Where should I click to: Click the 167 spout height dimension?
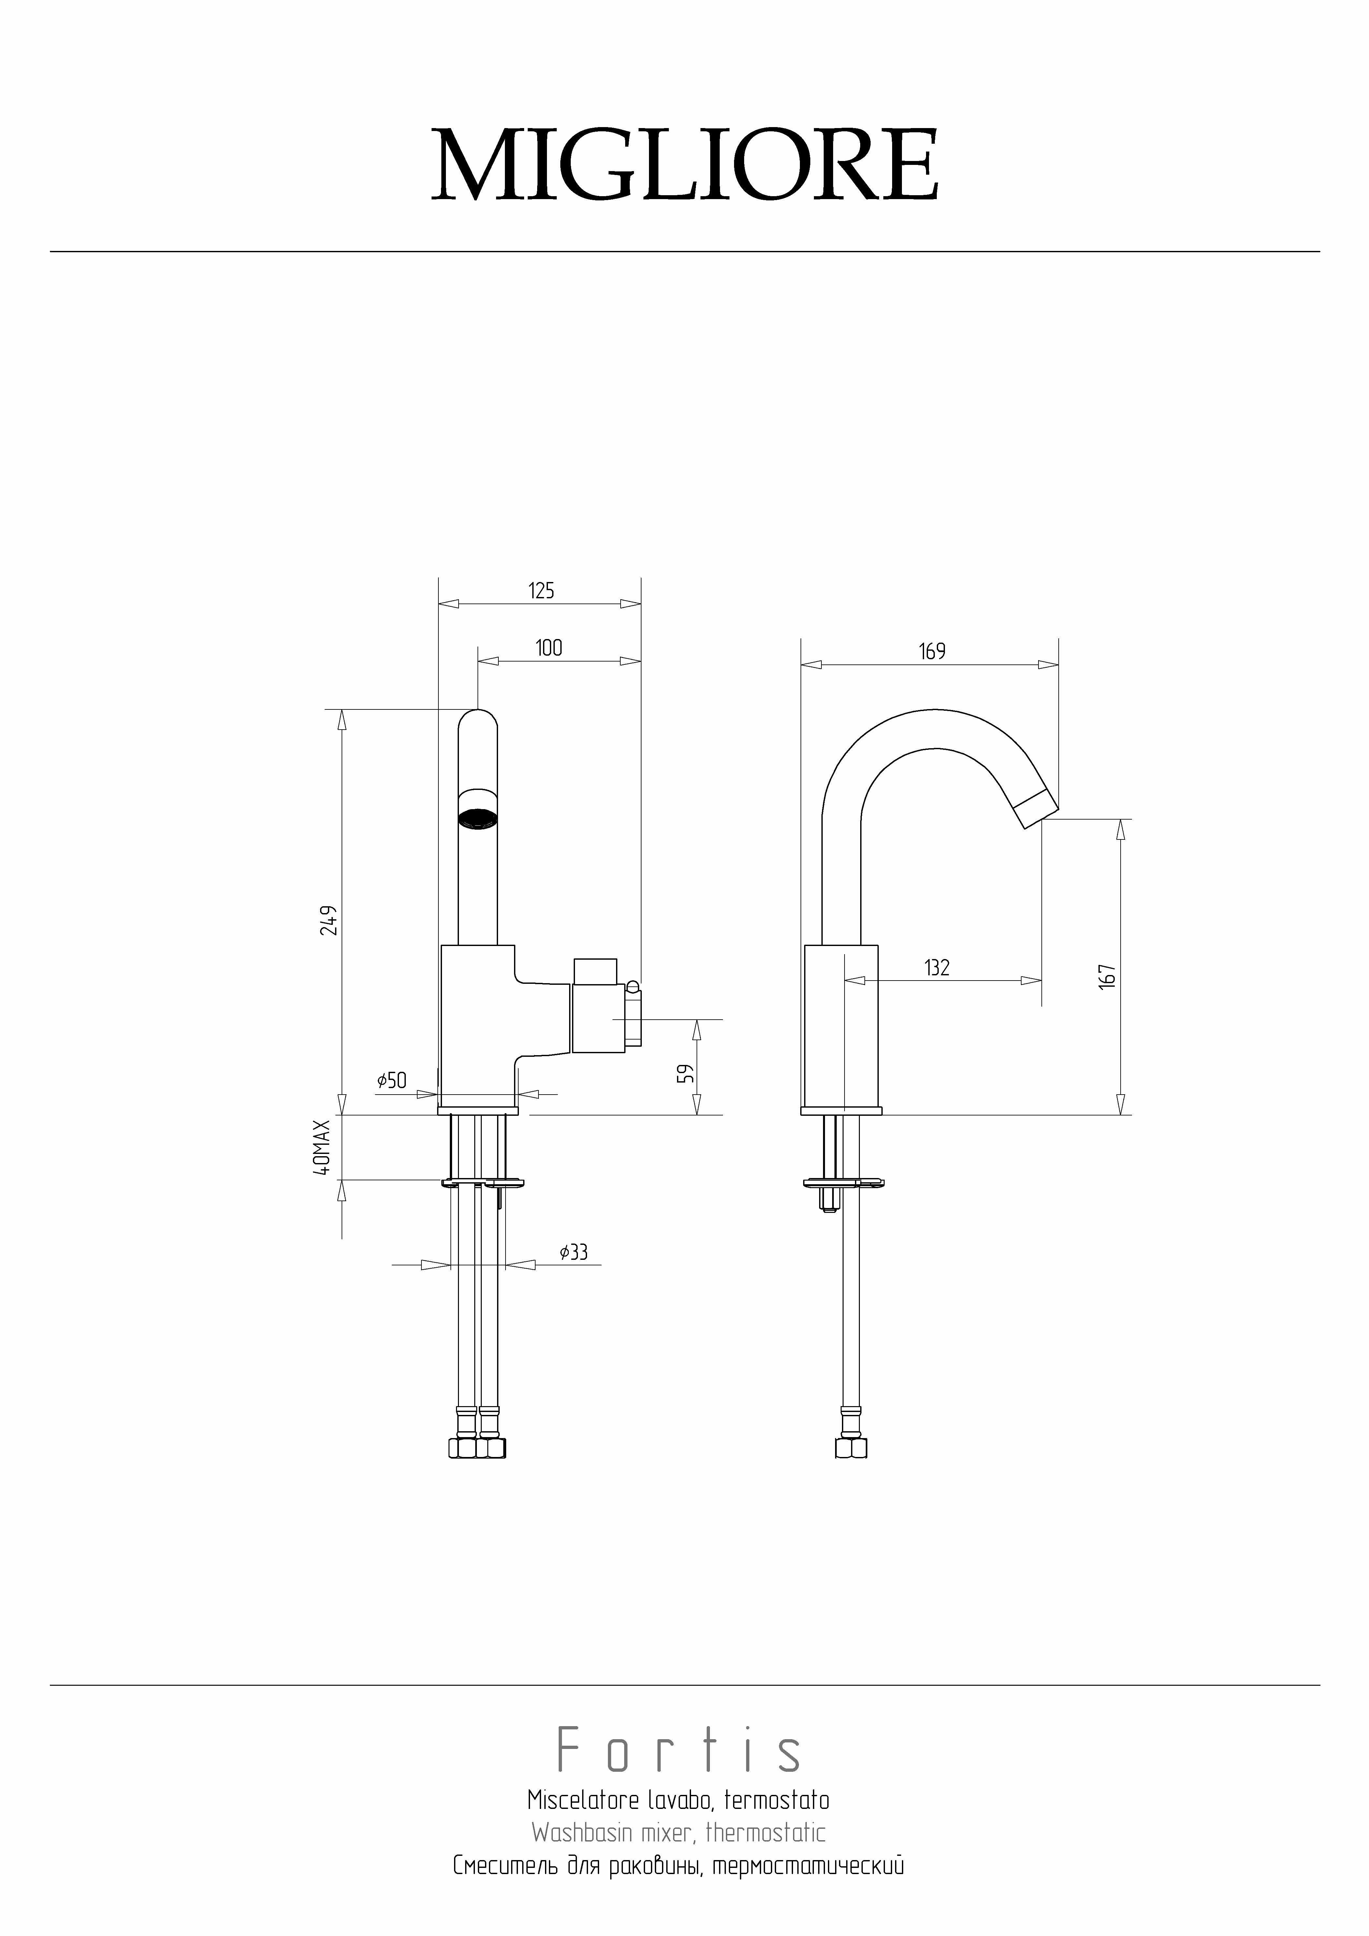1108,976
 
